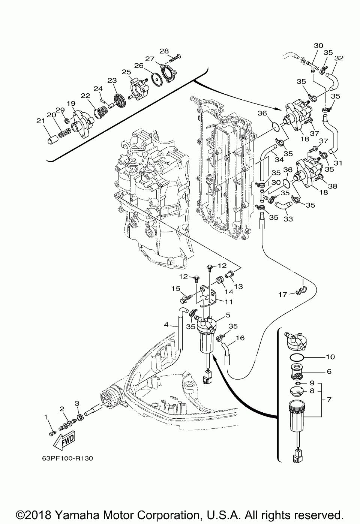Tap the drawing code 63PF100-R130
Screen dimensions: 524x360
click(65, 458)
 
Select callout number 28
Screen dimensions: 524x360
click(164, 51)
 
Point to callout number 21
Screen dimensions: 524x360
click(40, 121)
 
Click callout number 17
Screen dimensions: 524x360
click(282, 295)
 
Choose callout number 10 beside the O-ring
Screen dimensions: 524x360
click(330, 357)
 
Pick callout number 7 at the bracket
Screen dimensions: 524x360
click(329, 400)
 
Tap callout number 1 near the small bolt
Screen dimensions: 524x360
click(46, 417)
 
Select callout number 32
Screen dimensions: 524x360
click(339, 58)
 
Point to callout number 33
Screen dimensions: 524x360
click(288, 219)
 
